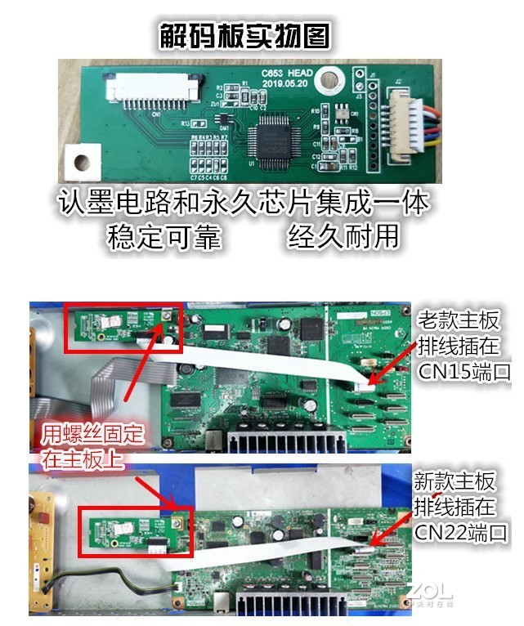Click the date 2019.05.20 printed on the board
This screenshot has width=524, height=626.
pyautogui.click(x=284, y=83)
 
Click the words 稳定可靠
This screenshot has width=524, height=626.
pyautogui.click(x=164, y=237)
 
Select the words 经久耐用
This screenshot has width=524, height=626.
pyautogui.click(x=343, y=237)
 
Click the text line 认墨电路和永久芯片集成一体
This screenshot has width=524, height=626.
pyautogui.click(x=244, y=202)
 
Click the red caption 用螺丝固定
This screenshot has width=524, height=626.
pyautogui.click(x=92, y=432)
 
